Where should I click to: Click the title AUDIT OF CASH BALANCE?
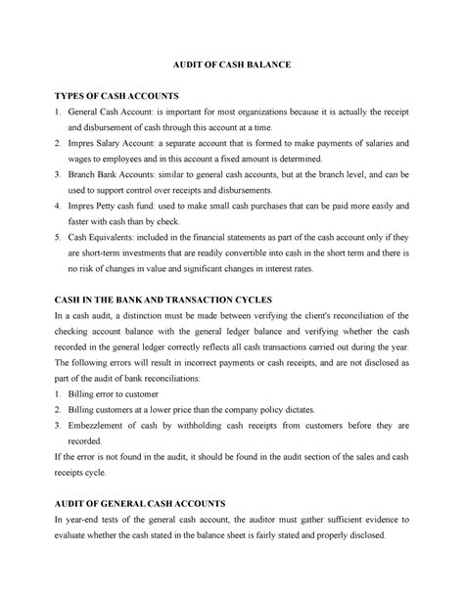(x=232, y=64)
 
